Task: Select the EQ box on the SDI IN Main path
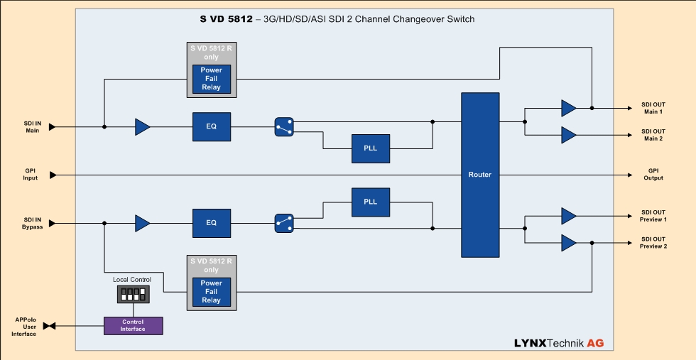tap(211, 126)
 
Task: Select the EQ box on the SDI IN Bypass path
tap(211, 223)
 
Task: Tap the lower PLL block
tap(371, 202)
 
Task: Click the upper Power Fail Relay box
tap(212, 78)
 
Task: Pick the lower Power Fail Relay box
tap(212, 291)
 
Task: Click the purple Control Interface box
tap(133, 326)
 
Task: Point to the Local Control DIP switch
tap(133, 294)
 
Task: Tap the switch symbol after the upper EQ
tap(283, 126)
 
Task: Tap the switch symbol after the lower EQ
tap(283, 223)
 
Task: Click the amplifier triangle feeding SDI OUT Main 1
tap(569, 108)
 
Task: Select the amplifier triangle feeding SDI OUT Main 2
tap(569, 134)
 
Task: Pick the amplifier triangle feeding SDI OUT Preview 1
tap(569, 216)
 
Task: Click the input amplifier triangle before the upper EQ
tap(143, 127)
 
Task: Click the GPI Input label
tap(30, 175)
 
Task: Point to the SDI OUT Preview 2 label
tap(653, 243)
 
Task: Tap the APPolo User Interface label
tap(23, 327)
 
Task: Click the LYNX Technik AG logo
tap(559, 343)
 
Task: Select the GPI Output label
tap(653, 175)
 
